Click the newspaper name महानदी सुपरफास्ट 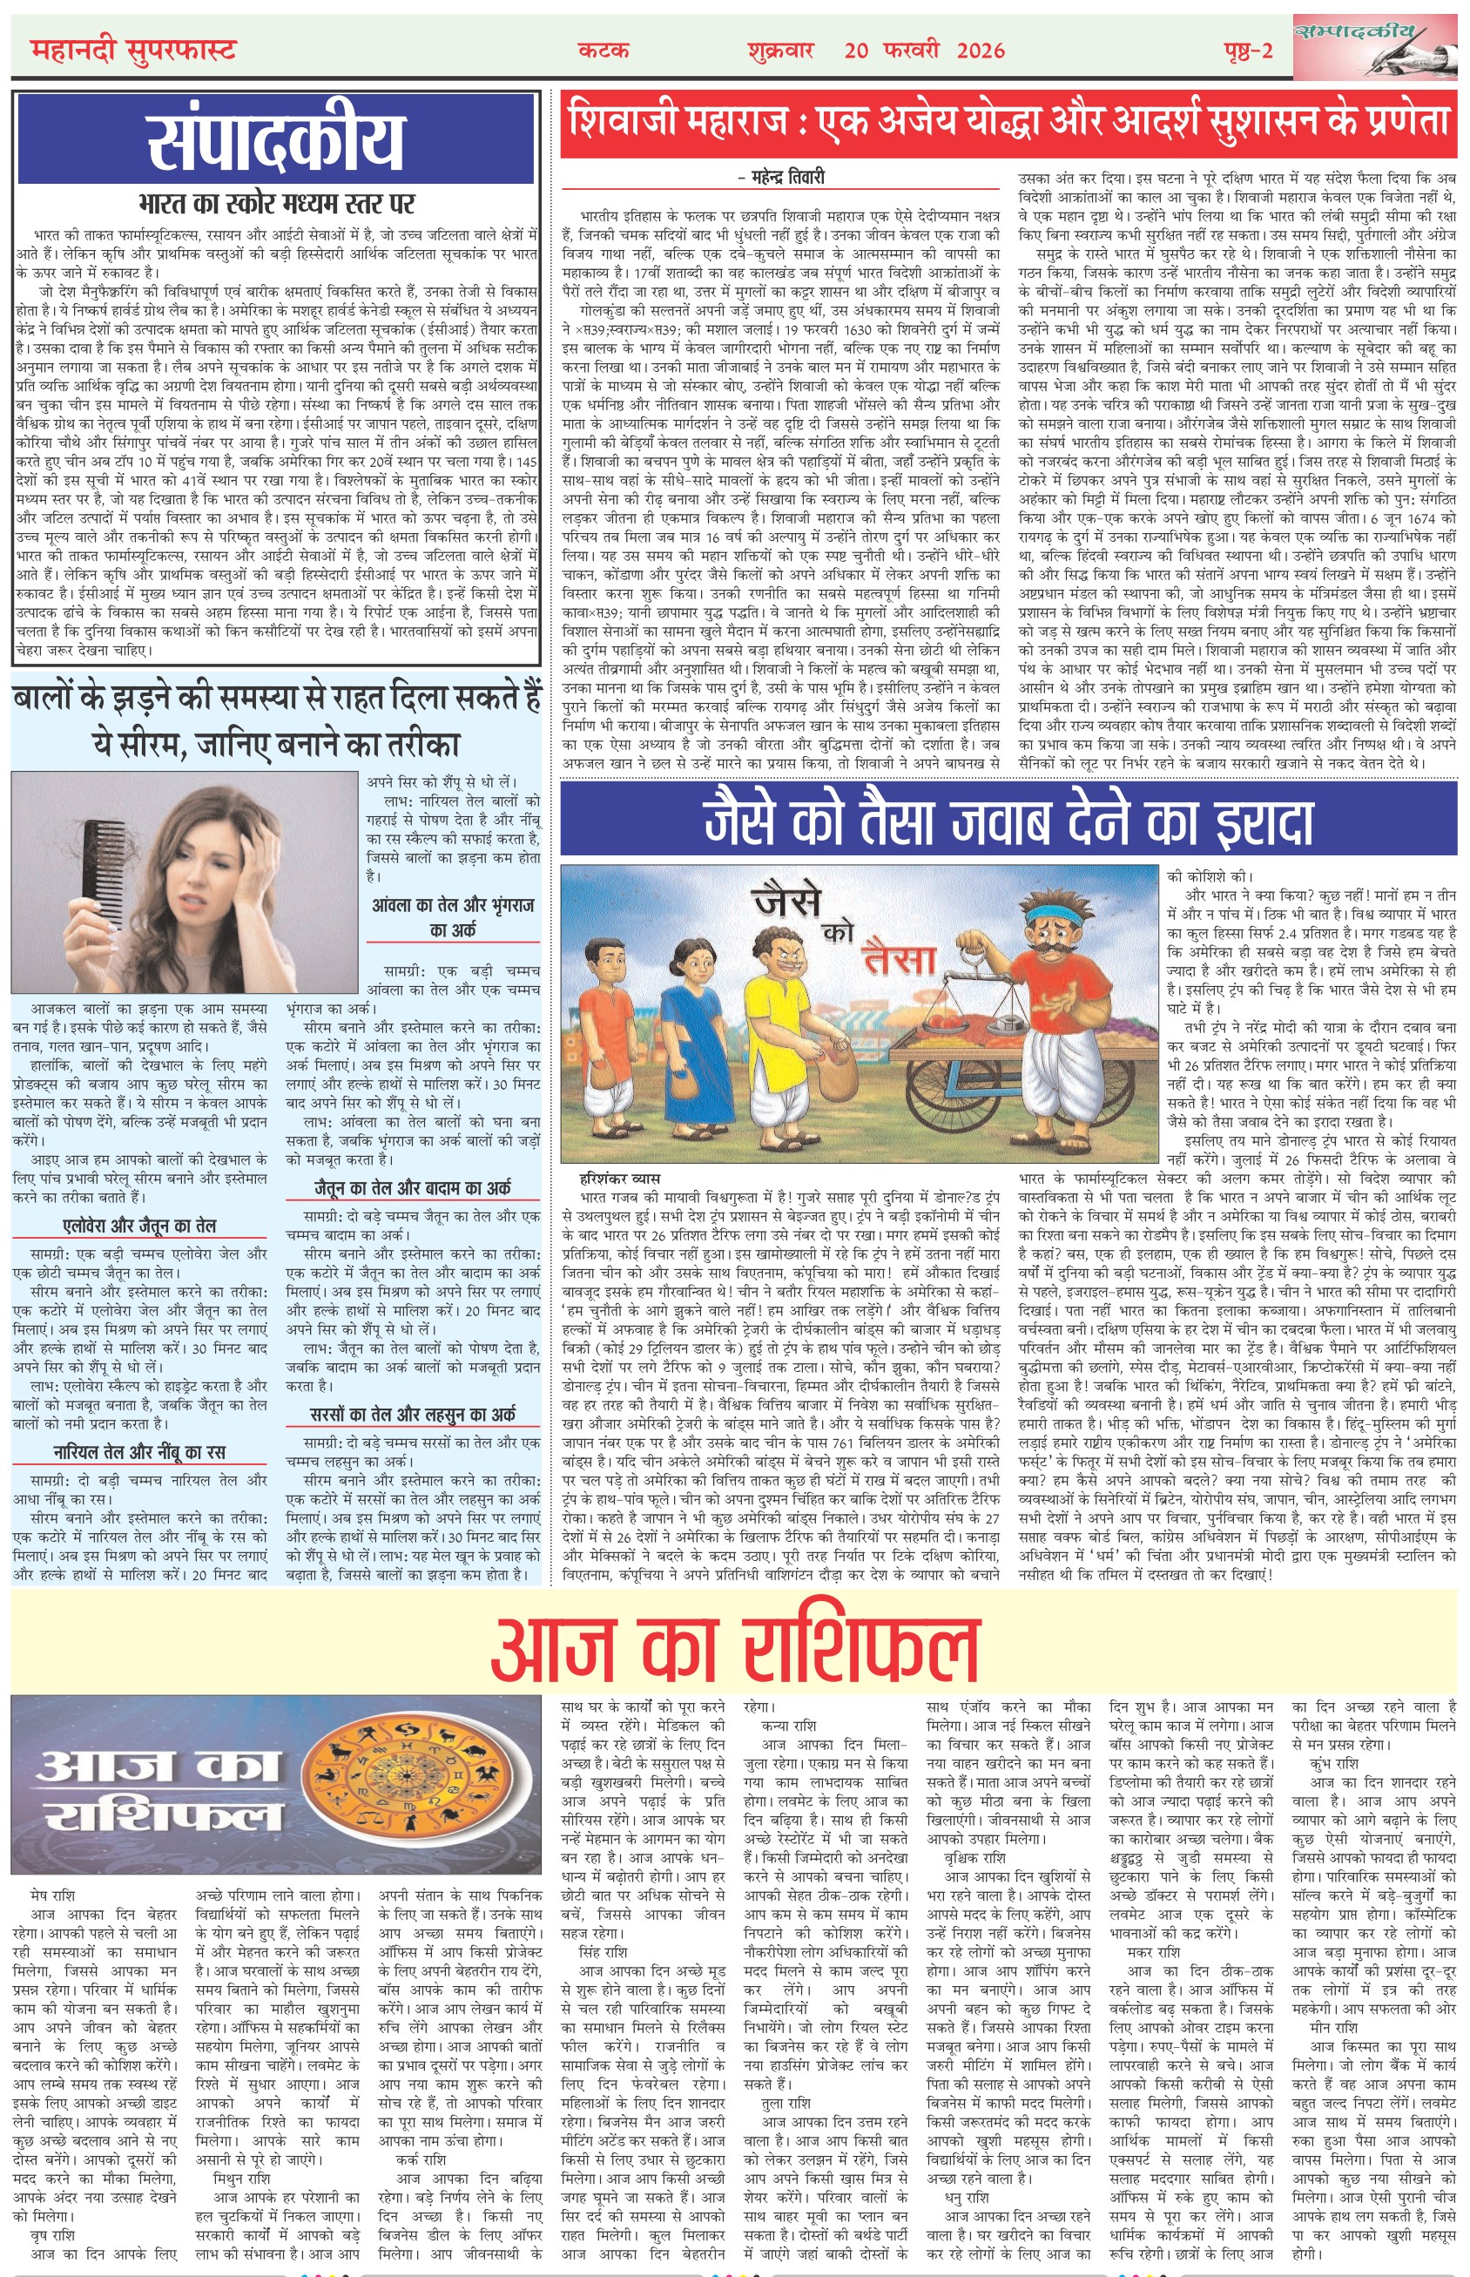[132, 50]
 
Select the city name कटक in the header [604, 50]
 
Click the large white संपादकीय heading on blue [276, 140]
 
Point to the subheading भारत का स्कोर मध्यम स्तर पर [276, 203]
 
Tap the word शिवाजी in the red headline [630, 122]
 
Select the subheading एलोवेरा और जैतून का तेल [139, 1225]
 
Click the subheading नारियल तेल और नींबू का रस [139, 1451]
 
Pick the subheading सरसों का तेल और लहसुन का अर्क [413, 1413]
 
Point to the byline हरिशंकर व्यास [620, 1178]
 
